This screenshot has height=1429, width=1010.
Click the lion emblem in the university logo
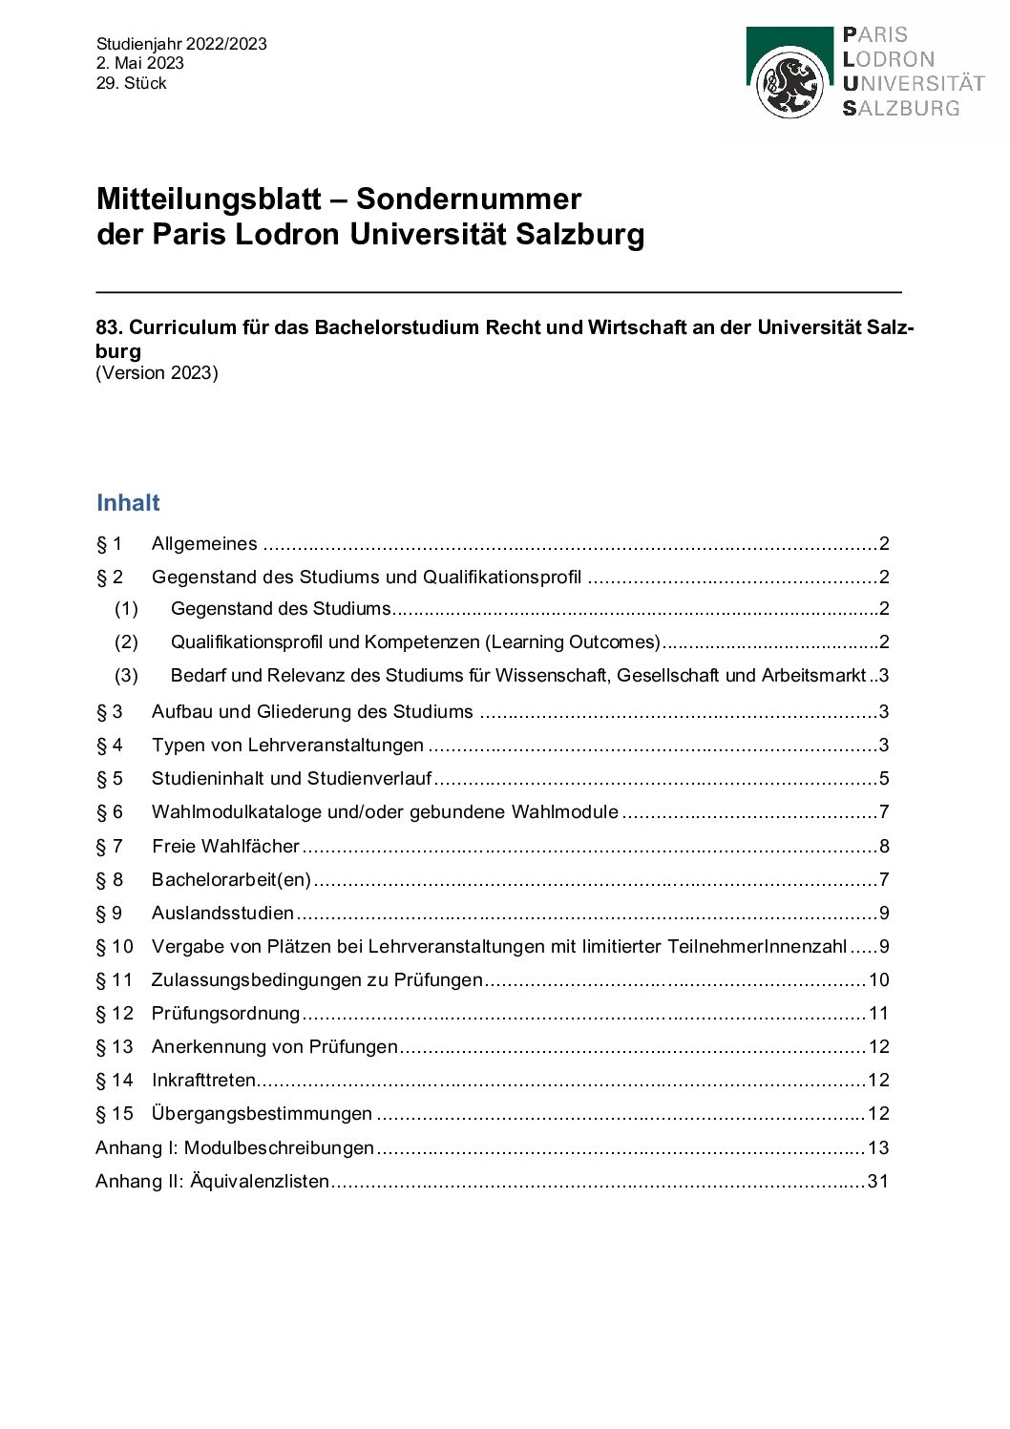click(789, 85)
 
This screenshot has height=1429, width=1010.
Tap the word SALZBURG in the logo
click(901, 109)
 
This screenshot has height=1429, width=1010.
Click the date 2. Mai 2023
click(140, 63)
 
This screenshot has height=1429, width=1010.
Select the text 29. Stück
click(132, 83)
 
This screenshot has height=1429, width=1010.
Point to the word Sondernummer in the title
click(469, 199)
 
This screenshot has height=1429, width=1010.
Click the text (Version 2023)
click(157, 373)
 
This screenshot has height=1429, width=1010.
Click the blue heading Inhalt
click(128, 503)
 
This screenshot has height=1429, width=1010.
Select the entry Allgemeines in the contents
click(204, 544)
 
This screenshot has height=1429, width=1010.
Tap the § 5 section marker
click(110, 779)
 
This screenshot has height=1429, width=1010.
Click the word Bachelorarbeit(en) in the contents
click(231, 880)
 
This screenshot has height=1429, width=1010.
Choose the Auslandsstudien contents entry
click(222, 914)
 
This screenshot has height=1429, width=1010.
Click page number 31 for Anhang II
click(877, 1182)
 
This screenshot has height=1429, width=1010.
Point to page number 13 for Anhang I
click(877, 1148)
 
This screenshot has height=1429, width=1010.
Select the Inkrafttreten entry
click(203, 1081)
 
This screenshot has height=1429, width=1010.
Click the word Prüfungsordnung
click(225, 1014)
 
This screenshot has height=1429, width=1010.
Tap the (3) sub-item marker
click(126, 676)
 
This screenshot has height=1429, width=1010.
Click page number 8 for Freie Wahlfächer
click(884, 847)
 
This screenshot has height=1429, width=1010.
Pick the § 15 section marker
click(115, 1114)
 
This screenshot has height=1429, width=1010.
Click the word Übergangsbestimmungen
click(262, 1114)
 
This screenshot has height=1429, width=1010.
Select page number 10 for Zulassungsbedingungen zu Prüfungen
click(878, 980)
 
